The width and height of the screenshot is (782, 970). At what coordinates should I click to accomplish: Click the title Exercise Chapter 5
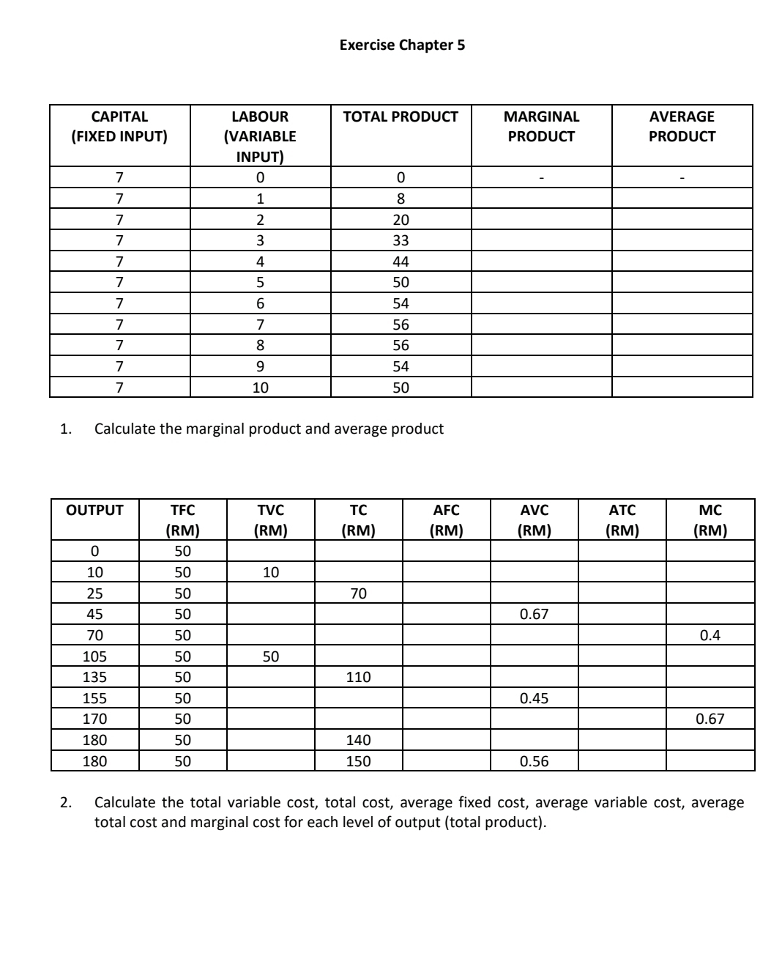click(x=402, y=45)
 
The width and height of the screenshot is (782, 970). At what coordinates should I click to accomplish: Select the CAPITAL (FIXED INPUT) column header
click(x=119, y=126)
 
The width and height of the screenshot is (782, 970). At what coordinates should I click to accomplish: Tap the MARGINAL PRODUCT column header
click(x=541, y=126)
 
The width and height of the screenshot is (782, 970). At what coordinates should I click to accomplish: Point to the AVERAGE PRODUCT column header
click(x=682, y=126)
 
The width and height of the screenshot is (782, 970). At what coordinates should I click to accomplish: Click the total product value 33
click(x=401, y=240)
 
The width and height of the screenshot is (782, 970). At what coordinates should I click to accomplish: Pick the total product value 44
click(x=401, y=262)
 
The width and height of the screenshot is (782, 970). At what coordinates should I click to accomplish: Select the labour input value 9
click(x=260, y=366)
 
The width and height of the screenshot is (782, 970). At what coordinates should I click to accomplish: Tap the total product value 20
click(x=401, y=220)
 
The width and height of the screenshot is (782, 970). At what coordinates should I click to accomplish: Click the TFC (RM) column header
click(x=182, y=520)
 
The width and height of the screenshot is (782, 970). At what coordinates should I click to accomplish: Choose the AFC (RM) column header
click(x=446, y=520)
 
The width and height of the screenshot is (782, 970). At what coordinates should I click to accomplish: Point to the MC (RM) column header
click(x=710, y=520)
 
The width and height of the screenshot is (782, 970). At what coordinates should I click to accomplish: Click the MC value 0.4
click(x=710, y=635)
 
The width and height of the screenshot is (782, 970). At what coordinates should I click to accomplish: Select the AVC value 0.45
click(x=534, y=698)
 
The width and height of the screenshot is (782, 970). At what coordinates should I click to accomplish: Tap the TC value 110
click(x=358, y=677)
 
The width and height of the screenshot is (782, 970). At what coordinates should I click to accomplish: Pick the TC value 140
click(x=358, y=740)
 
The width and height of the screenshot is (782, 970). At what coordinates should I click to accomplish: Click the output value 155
click(x=94, y=698)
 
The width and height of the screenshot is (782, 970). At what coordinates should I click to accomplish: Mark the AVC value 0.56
click(x=534, y=761)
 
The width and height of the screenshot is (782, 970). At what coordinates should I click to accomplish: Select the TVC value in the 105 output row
click(x=270, y=656)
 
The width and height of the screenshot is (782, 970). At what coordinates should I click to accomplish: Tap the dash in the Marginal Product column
click(x=541, y=178)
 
